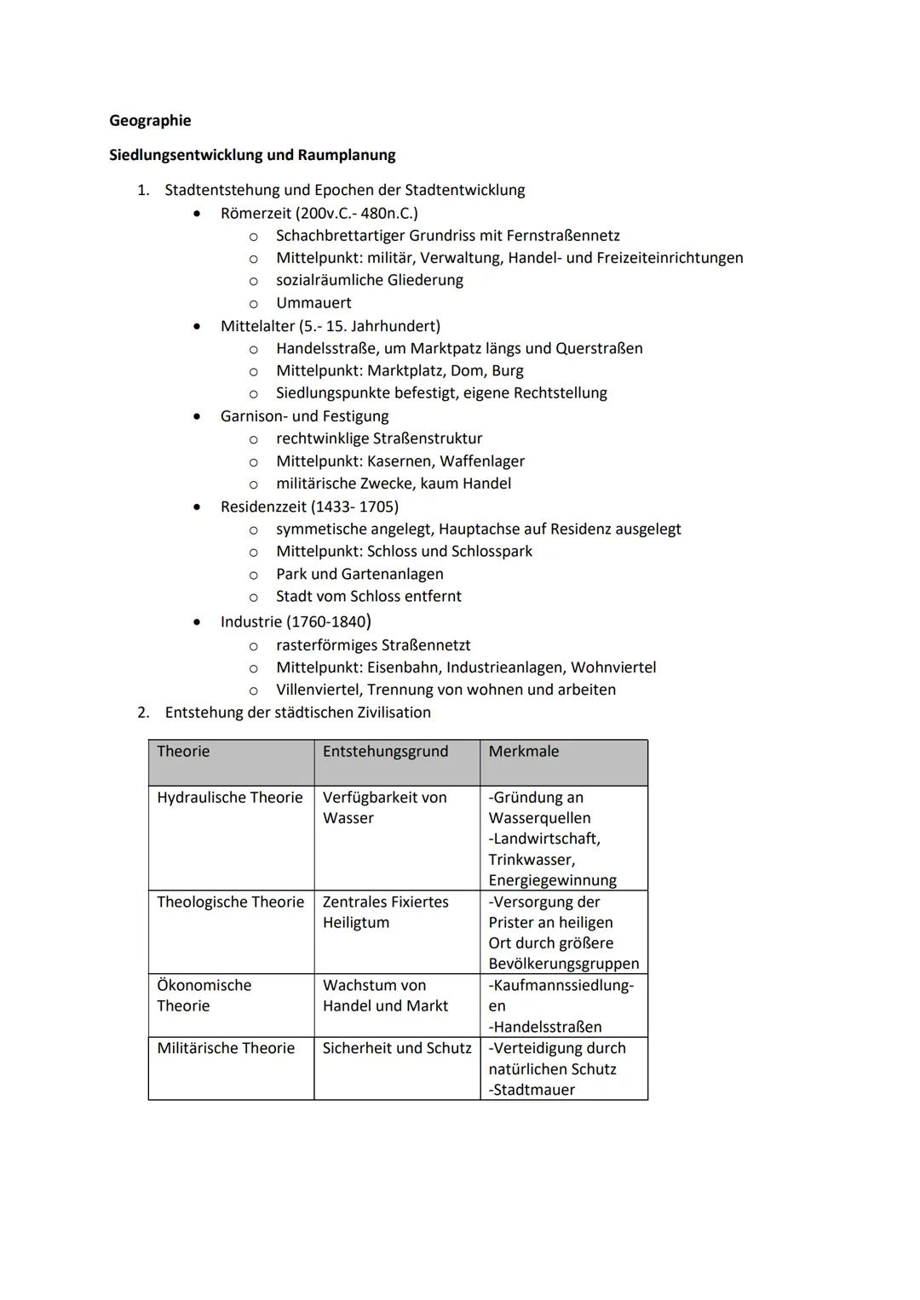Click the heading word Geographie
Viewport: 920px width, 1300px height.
(x=150, y=121)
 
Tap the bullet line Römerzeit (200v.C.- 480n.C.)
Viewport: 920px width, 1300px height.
(x=319, y=213)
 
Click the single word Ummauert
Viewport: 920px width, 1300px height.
(x=313, y=303)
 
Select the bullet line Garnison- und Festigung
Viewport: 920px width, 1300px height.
(x=304, y=416)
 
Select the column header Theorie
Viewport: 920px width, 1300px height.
(x=183, y=752)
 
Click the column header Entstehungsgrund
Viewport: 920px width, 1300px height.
(x=385, y=752)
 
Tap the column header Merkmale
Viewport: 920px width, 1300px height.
(x=524, y=752)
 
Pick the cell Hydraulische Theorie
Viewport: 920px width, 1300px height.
(x=230, y=798)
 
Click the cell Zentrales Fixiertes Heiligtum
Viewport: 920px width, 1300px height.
(x=385, y=912)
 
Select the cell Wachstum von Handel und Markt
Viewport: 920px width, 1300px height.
(x=385, y=995)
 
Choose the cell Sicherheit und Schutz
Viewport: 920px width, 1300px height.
(x=397, y=1048)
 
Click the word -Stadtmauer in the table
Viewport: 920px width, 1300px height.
(x=532, y=1090)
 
